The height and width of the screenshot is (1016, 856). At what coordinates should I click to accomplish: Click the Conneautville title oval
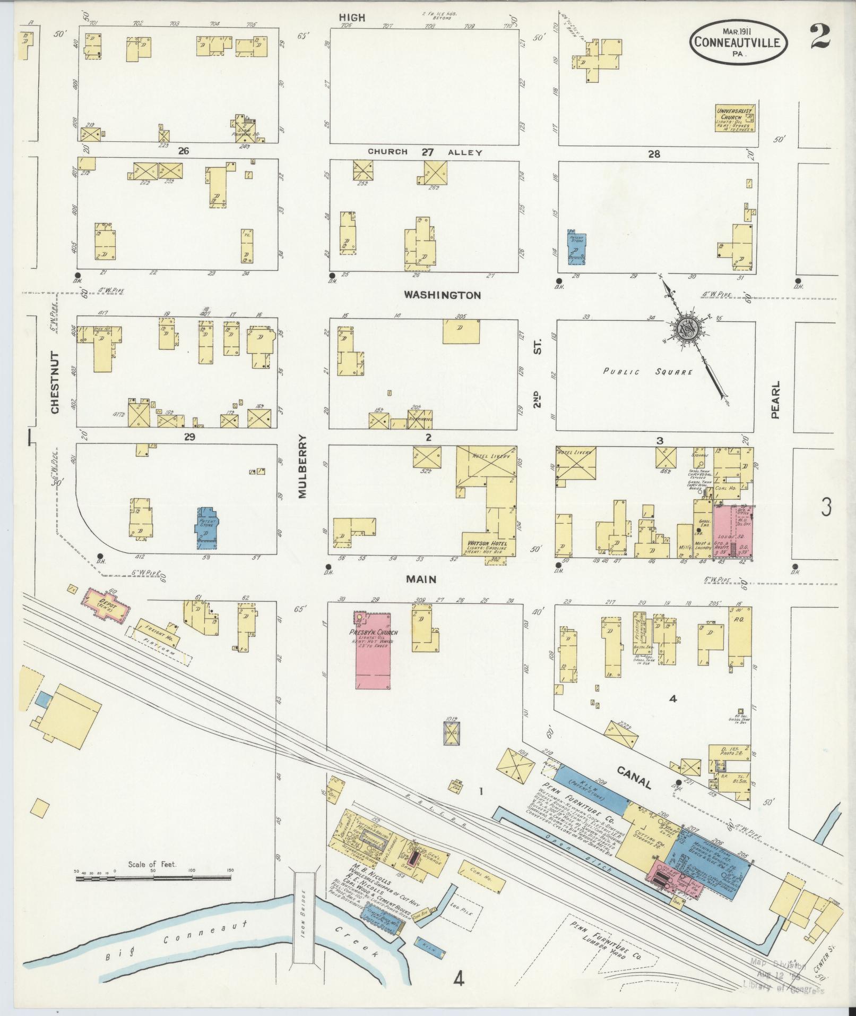(739, 41)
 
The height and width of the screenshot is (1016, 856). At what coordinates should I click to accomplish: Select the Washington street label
(442, 295)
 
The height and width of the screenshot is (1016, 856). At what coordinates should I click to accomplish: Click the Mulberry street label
(302, 466)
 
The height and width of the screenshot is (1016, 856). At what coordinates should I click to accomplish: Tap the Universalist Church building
(735, 118)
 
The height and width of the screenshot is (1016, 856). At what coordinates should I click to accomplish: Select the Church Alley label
(425, 152)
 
